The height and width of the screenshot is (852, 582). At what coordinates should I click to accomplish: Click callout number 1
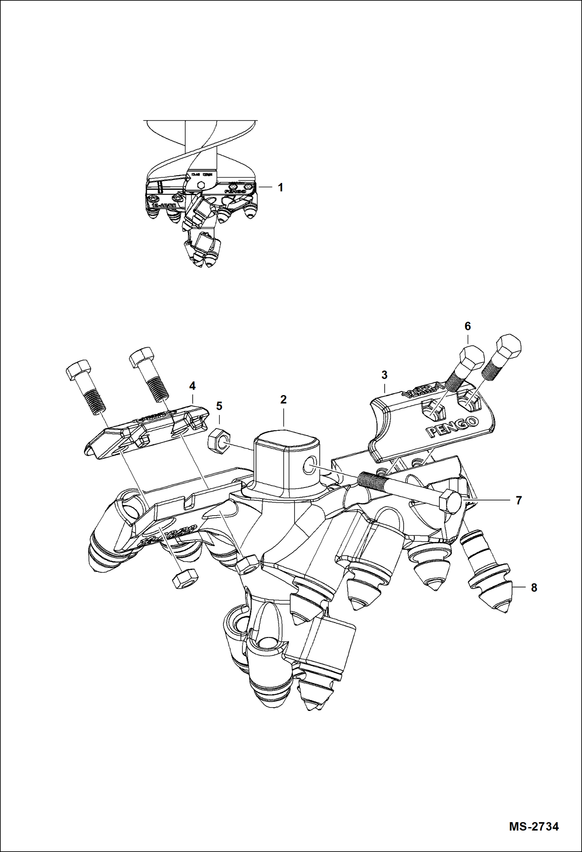point(280,188)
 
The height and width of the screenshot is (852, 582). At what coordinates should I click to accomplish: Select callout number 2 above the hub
point(283,399)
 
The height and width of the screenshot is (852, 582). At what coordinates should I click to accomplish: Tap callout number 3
point(384,375)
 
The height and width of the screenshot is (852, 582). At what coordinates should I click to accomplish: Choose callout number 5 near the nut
point(219,406)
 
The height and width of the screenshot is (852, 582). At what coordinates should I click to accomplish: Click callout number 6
point(467,326)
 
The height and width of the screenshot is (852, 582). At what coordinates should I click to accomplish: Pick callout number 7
point(519,501)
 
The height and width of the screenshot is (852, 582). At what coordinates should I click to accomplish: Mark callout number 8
point(534,588)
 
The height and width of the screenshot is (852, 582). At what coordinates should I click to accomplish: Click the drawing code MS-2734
point(534,826)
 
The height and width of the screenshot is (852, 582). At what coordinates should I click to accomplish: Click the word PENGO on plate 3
point(452,427)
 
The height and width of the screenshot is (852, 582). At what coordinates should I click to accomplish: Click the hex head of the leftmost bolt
point(79,370)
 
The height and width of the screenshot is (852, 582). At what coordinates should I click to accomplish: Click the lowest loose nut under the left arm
point(185,580)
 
